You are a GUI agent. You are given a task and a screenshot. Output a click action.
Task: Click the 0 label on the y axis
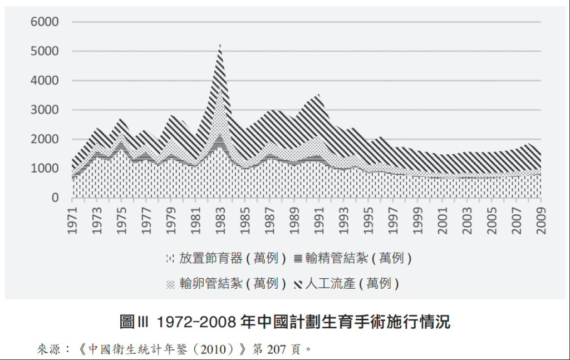[55, 198]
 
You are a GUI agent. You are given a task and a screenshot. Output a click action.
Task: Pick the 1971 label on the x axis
[73, 220]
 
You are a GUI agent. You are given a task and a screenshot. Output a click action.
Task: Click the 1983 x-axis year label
[220, 220]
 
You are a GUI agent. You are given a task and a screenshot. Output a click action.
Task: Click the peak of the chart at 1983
[220, 45]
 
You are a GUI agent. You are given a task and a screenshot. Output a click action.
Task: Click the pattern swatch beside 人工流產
[298, 284]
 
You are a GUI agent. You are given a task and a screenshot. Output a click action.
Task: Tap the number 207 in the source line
[275, 349]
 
